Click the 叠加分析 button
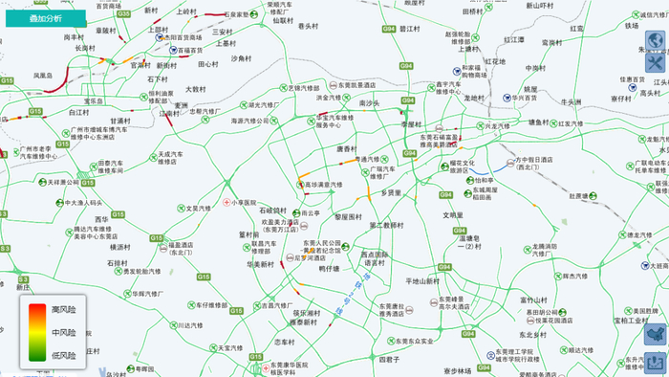point(44,18)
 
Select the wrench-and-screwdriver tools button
point(657,64)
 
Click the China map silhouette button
point(657,334)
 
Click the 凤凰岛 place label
point(43,74)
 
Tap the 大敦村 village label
point(195,89)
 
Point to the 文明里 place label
point(453,214)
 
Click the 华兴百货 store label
point(526,97)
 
